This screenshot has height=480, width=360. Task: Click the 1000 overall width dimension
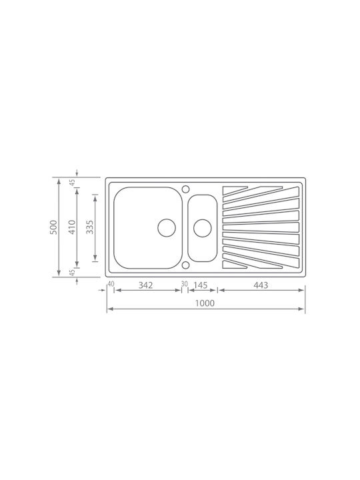(205, 303)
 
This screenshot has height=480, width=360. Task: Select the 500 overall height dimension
(53, 227)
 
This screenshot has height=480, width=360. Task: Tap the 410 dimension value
(72, 227)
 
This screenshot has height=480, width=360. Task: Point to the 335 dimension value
(90, 227)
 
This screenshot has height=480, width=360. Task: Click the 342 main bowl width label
(145, 285)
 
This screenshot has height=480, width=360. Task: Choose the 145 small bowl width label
(201, 285)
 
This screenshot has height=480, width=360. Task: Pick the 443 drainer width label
(261, 285)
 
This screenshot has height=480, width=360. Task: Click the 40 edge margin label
(111, 284)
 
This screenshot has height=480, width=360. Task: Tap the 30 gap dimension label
(184, 284)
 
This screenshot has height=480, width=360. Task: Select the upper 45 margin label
(72, 183)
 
